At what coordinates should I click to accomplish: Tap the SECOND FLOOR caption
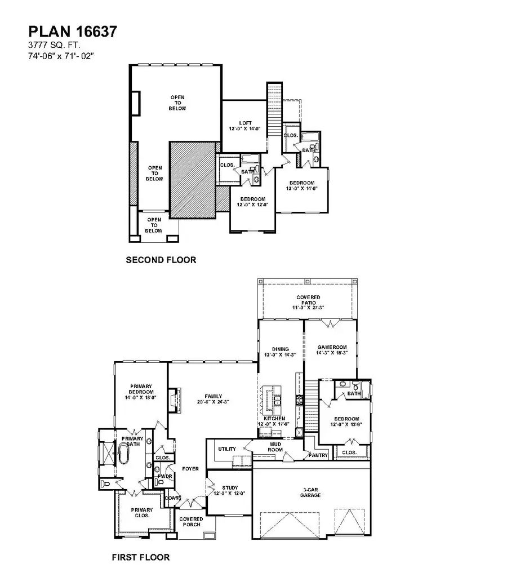coord(161,260)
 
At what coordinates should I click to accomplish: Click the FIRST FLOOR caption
coord(141,558)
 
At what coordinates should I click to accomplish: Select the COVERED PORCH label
coord(191,522)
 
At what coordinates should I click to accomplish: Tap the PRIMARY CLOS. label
coord(142,513)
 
